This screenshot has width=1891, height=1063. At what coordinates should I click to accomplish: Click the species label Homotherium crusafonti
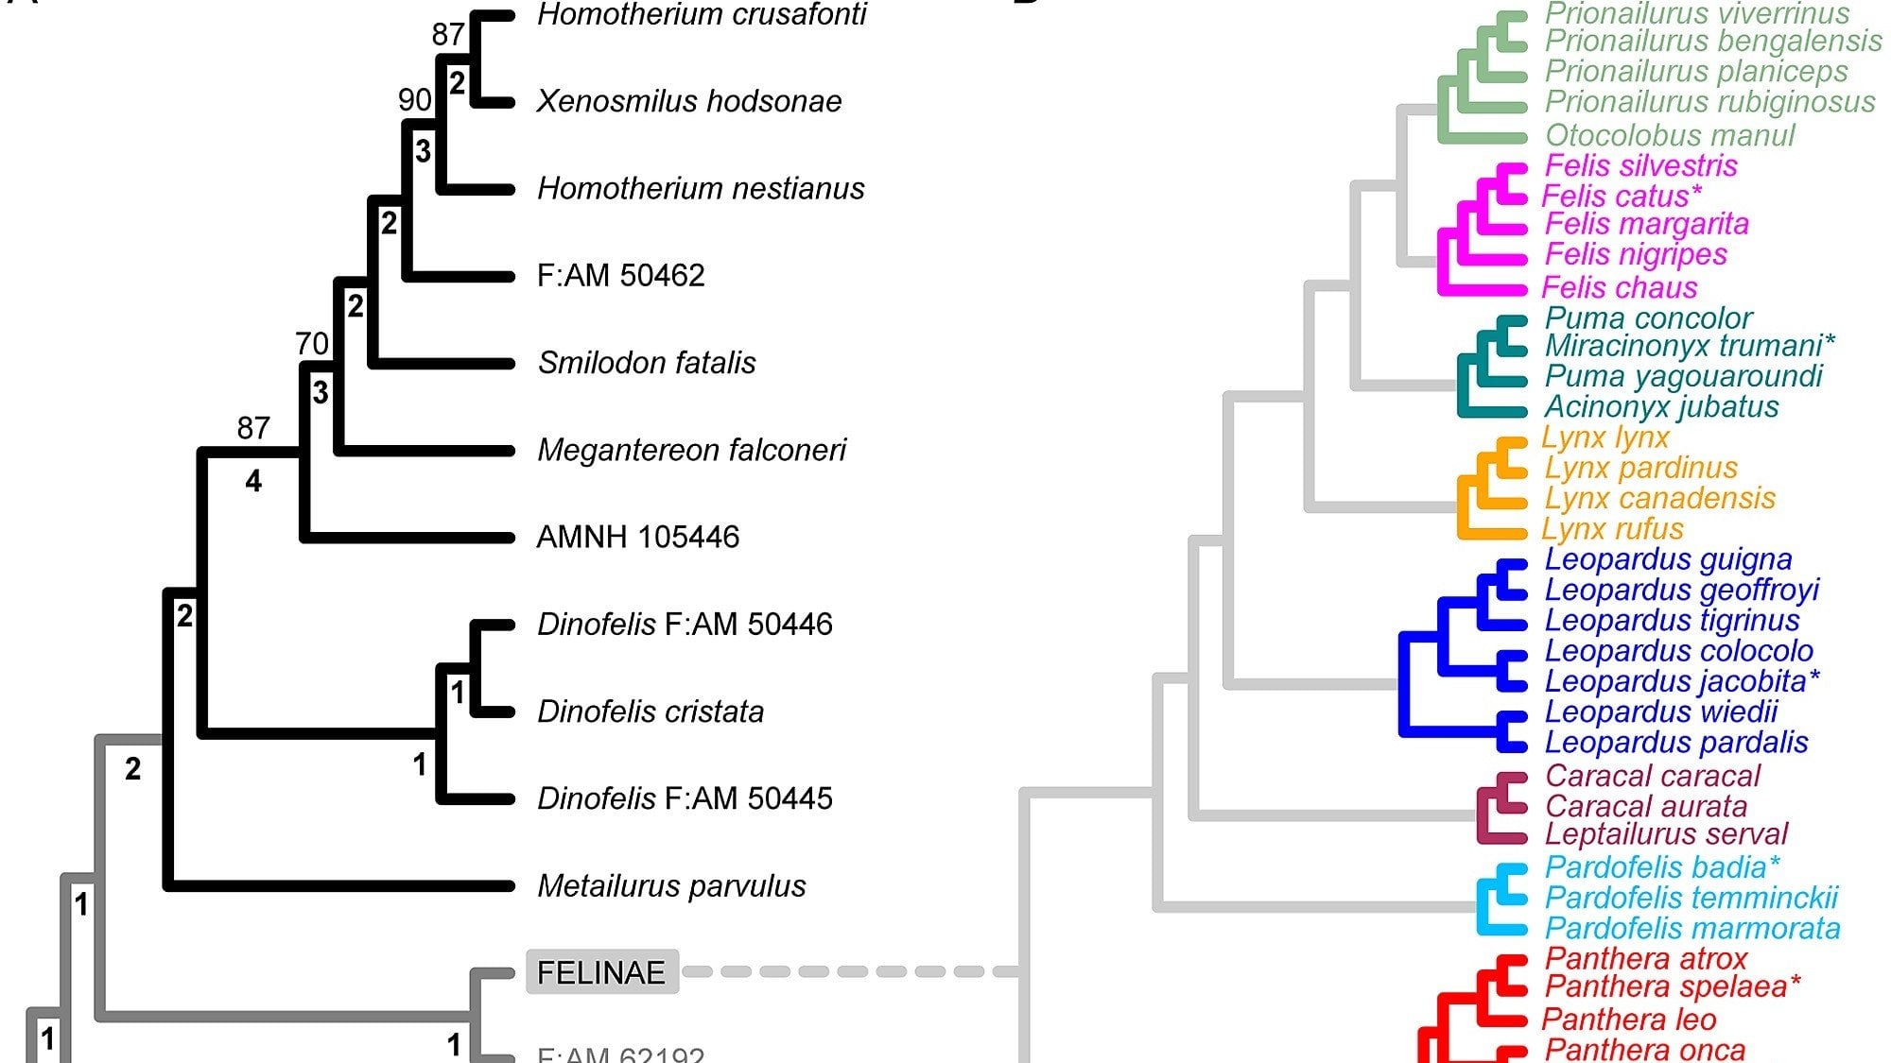tap(702, 15)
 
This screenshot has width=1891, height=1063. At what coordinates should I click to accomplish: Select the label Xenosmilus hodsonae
tap(689, 101)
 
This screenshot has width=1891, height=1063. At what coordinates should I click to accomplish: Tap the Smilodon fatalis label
tap(647, 362)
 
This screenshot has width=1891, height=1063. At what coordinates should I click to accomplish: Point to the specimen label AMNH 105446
tap(637, 537)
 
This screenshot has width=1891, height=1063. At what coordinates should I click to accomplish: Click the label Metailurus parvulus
tap(671, 886)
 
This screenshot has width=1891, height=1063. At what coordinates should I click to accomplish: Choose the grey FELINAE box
tap(602, 972)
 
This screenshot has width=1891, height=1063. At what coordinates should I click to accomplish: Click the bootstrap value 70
tap(312, 343)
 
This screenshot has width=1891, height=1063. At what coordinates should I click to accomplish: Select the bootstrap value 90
tap(415, 99)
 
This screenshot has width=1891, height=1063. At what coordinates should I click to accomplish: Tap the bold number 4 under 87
tap(253, 482)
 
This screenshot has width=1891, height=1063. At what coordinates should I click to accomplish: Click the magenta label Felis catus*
tap(1622, 196)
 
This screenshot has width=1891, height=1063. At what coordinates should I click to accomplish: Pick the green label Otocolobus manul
tap(1669, 135)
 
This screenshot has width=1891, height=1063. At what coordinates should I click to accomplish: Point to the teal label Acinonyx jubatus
tap(1661, 406)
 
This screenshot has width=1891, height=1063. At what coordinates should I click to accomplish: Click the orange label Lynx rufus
tap(1612, 528)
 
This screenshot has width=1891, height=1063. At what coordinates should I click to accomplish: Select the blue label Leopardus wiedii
tap(1660, 712)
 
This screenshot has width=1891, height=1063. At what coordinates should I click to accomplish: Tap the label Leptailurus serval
tap(1666, 834)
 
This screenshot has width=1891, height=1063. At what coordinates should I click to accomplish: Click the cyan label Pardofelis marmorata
tap(1691, 928)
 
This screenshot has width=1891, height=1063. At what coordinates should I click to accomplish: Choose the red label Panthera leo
tap(1629, 1020)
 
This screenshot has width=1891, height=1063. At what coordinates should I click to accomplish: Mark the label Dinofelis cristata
tap(651, 712)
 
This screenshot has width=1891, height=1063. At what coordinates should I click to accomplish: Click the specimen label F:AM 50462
tap(620, 275)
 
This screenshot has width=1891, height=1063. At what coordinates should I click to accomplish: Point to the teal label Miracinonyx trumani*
tap(1690, 346)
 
